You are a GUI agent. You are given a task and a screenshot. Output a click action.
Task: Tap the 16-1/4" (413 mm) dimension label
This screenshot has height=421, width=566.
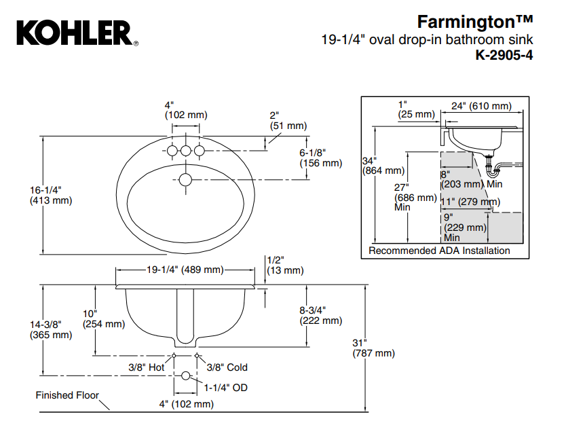tap(50, 195)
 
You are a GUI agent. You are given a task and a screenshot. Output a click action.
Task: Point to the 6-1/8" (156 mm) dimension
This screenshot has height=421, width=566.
tap(320, 158)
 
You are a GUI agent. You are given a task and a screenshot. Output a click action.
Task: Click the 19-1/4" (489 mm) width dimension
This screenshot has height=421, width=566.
tap(185, 270)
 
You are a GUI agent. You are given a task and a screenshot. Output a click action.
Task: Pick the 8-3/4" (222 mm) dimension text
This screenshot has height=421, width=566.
tap(320, 315)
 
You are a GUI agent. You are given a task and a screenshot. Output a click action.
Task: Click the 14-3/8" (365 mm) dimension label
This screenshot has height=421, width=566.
tap(50, 329)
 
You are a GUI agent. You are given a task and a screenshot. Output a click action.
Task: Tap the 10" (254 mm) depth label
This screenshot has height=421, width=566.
tap(103, 318)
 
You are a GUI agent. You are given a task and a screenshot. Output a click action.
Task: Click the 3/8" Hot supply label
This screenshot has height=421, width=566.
tap(147, 367)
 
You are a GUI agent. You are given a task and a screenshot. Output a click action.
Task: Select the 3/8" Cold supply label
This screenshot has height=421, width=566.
tap(227, 367)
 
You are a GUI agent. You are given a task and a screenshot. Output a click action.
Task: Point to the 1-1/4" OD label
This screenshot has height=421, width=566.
tap(227, 388)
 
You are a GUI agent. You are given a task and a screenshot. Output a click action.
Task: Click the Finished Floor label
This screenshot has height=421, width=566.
tap(67, 395)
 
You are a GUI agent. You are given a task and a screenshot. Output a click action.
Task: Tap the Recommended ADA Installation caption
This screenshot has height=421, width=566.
tap(439, 251)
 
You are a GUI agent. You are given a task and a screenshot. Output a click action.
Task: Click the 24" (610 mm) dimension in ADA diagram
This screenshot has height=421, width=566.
tap(481, 106)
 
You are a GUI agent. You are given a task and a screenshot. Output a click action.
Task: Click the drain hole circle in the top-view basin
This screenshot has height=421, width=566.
tap(185, 180)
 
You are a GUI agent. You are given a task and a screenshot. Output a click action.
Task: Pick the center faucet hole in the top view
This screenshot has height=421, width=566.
tap(185, 150)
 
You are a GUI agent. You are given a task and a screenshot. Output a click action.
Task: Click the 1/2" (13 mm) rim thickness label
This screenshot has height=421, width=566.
tap(284, 265)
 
